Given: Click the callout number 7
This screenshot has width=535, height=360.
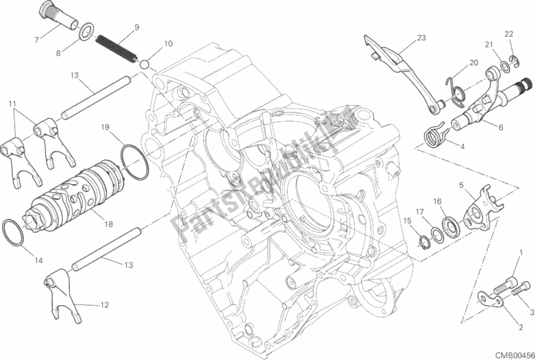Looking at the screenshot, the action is pos(37,40).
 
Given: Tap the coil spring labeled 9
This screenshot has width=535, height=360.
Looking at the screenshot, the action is pos(116,49).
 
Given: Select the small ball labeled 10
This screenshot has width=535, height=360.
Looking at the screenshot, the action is pos(145,64).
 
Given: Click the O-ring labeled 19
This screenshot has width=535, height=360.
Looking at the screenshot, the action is pos(135,162).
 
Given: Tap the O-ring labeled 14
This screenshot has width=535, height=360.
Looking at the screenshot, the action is pos(13,232).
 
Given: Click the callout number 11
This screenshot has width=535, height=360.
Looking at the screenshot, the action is pos(13,104).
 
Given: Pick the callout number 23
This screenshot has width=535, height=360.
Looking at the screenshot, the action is pos(421,38).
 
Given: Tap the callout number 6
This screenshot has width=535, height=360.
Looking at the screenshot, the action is pos(501,128).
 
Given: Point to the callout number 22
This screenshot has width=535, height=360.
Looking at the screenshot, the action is pos(509,34).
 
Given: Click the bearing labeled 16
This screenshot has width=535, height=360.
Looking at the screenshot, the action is pos(451,226).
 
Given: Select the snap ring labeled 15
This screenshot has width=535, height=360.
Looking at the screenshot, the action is pos(424,242).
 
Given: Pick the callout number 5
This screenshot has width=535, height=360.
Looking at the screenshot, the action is pos(461,185).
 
